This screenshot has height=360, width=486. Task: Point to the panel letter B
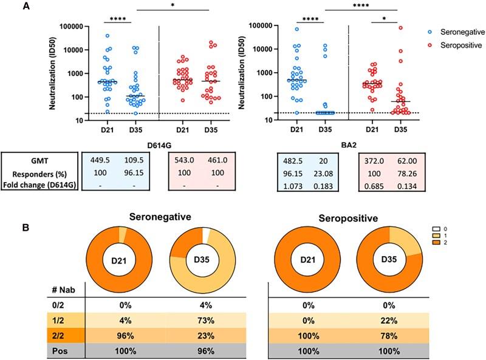8,212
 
